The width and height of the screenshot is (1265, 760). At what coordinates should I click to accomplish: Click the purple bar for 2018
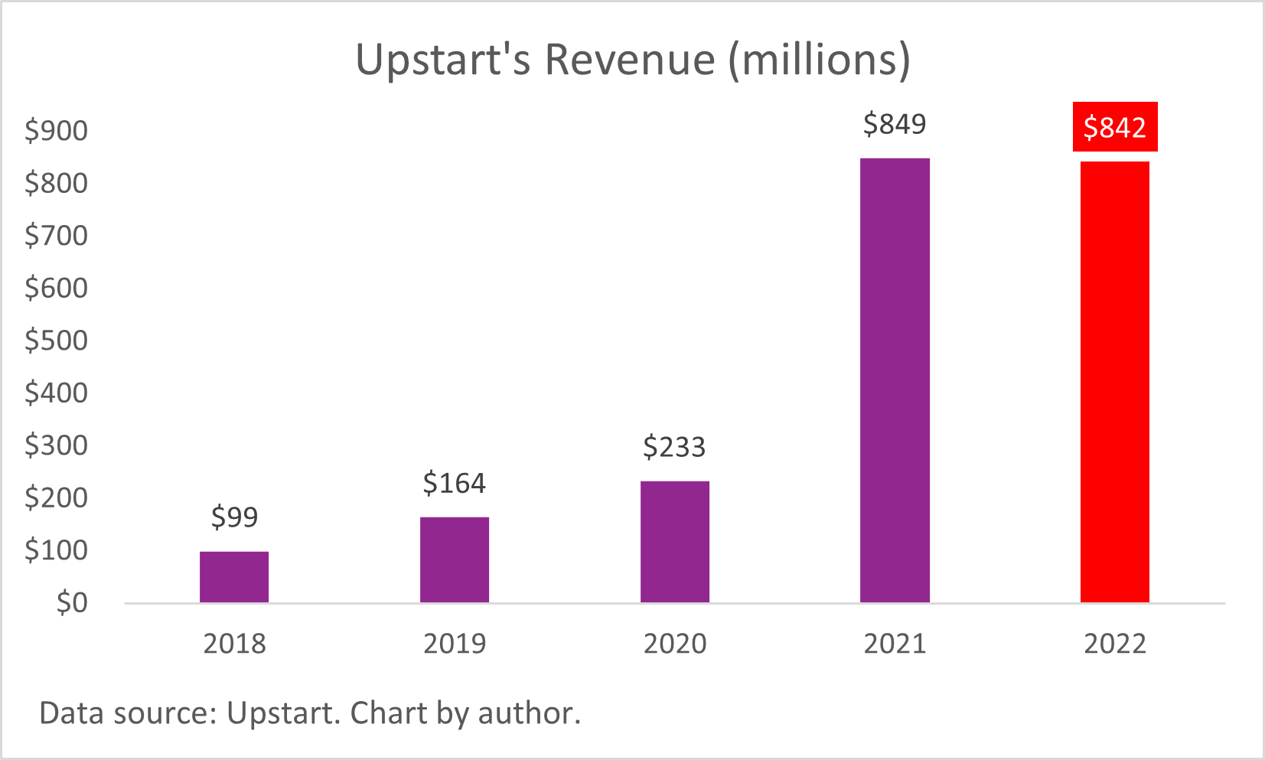(234, 577)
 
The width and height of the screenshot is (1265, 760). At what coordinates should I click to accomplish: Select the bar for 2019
(455, 560)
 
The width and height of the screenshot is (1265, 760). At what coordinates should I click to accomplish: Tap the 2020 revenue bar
(675, 542)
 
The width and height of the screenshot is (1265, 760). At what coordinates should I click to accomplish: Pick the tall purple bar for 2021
(895, 380)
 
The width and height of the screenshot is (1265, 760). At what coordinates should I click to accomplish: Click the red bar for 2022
(1115, 382)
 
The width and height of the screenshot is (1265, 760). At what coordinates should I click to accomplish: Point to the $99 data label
(234, 517)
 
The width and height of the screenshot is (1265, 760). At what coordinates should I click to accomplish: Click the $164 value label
(455, 484)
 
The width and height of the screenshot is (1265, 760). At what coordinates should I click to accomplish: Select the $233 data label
(674, 447)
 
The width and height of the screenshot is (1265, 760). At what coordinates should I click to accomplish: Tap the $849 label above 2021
(895, 124)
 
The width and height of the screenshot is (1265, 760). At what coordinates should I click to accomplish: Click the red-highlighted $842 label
(1115, 127)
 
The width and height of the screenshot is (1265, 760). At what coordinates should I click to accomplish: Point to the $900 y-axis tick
(57, 131)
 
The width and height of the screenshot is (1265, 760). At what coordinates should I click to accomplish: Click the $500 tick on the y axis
(57, 341)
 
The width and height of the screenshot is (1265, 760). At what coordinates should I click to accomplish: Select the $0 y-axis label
(72, 603)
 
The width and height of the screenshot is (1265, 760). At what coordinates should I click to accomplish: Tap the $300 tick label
(57, 445)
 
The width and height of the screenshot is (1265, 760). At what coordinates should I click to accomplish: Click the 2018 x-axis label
(234, 644)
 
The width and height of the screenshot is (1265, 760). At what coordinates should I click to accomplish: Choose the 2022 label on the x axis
(1115, 644)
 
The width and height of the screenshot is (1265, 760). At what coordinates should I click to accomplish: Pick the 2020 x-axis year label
(675, 644)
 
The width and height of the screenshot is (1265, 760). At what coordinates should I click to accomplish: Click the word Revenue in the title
(629, 60)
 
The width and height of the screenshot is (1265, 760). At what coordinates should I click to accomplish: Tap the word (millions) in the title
(819, 60)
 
